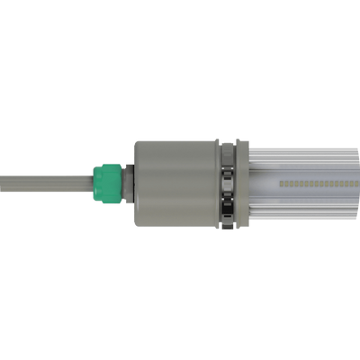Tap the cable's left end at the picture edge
pos(3,182)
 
